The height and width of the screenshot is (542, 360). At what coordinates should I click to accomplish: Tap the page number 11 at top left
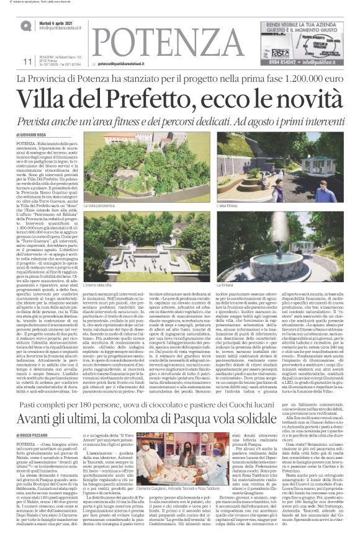click(27, 61)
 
